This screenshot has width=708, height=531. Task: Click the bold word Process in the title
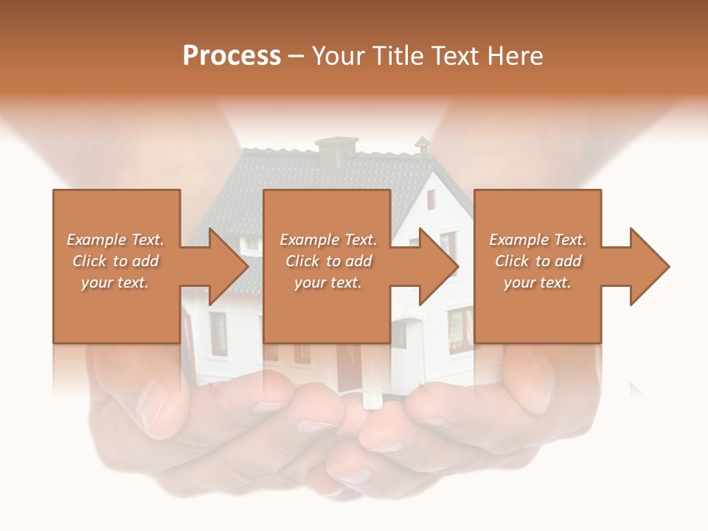click(232, 56)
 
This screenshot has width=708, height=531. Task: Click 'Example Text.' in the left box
click(116, 240)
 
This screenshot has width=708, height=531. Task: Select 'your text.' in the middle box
click(328, 282)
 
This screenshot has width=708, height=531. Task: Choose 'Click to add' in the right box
click(538, 261)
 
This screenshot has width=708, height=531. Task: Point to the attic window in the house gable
click(431, 198)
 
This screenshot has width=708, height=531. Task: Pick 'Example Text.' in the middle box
click(328, 240)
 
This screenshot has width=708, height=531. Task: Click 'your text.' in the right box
click(538, 282)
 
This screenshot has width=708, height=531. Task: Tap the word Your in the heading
click(338, 56)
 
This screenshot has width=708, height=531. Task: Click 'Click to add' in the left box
click(116, 261)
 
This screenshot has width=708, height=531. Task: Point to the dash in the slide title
click(296, 56)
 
